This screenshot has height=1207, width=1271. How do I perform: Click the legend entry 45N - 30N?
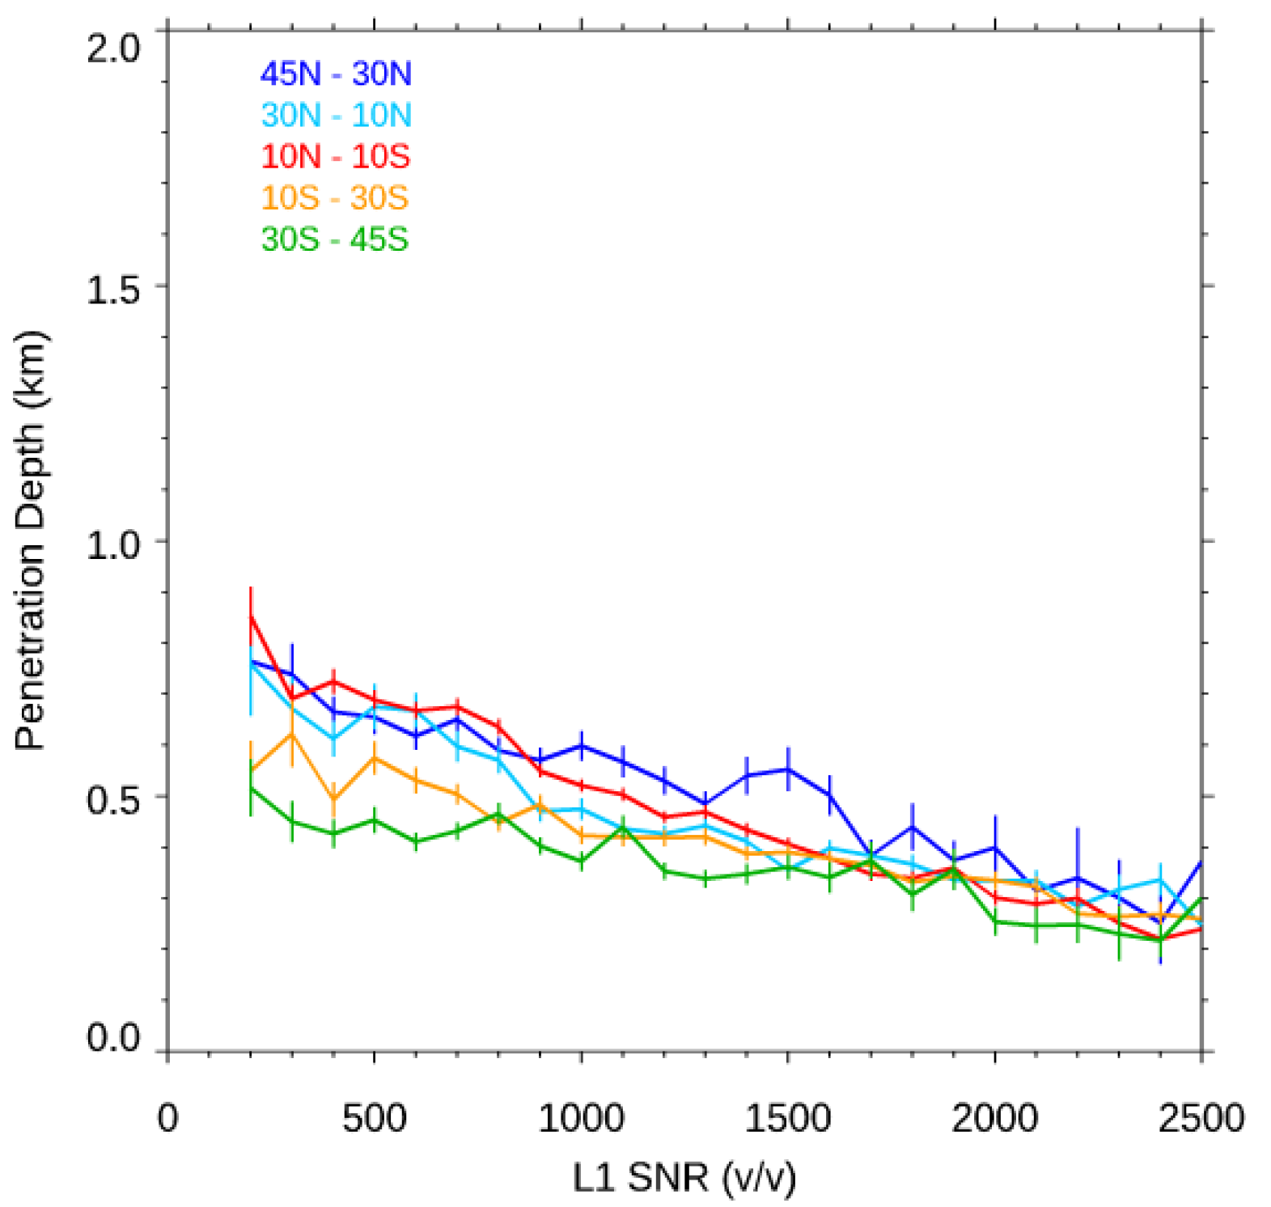point(336,74)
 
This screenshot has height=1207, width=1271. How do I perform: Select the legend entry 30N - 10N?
point(336,116)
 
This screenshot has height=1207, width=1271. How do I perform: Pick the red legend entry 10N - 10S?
point(336,157)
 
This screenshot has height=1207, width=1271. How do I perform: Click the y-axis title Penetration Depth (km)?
point(31,540)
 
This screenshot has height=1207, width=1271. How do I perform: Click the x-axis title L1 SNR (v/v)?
point(684,1177)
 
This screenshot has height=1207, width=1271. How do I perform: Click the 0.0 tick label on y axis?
point(113,1038)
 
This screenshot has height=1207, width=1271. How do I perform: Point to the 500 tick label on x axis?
point(374,1119)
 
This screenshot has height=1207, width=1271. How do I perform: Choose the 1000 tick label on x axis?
point(581,1119)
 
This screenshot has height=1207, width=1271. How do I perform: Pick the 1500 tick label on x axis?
point(788,1119)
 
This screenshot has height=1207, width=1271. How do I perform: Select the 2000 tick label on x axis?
point(994,1119)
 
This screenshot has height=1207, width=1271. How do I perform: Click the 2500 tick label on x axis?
point(1201,1119)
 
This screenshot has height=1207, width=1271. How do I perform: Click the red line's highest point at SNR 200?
point(251,617)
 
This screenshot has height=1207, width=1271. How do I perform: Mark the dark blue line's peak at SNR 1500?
point(788,769)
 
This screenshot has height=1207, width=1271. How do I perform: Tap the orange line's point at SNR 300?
point(292,734)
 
